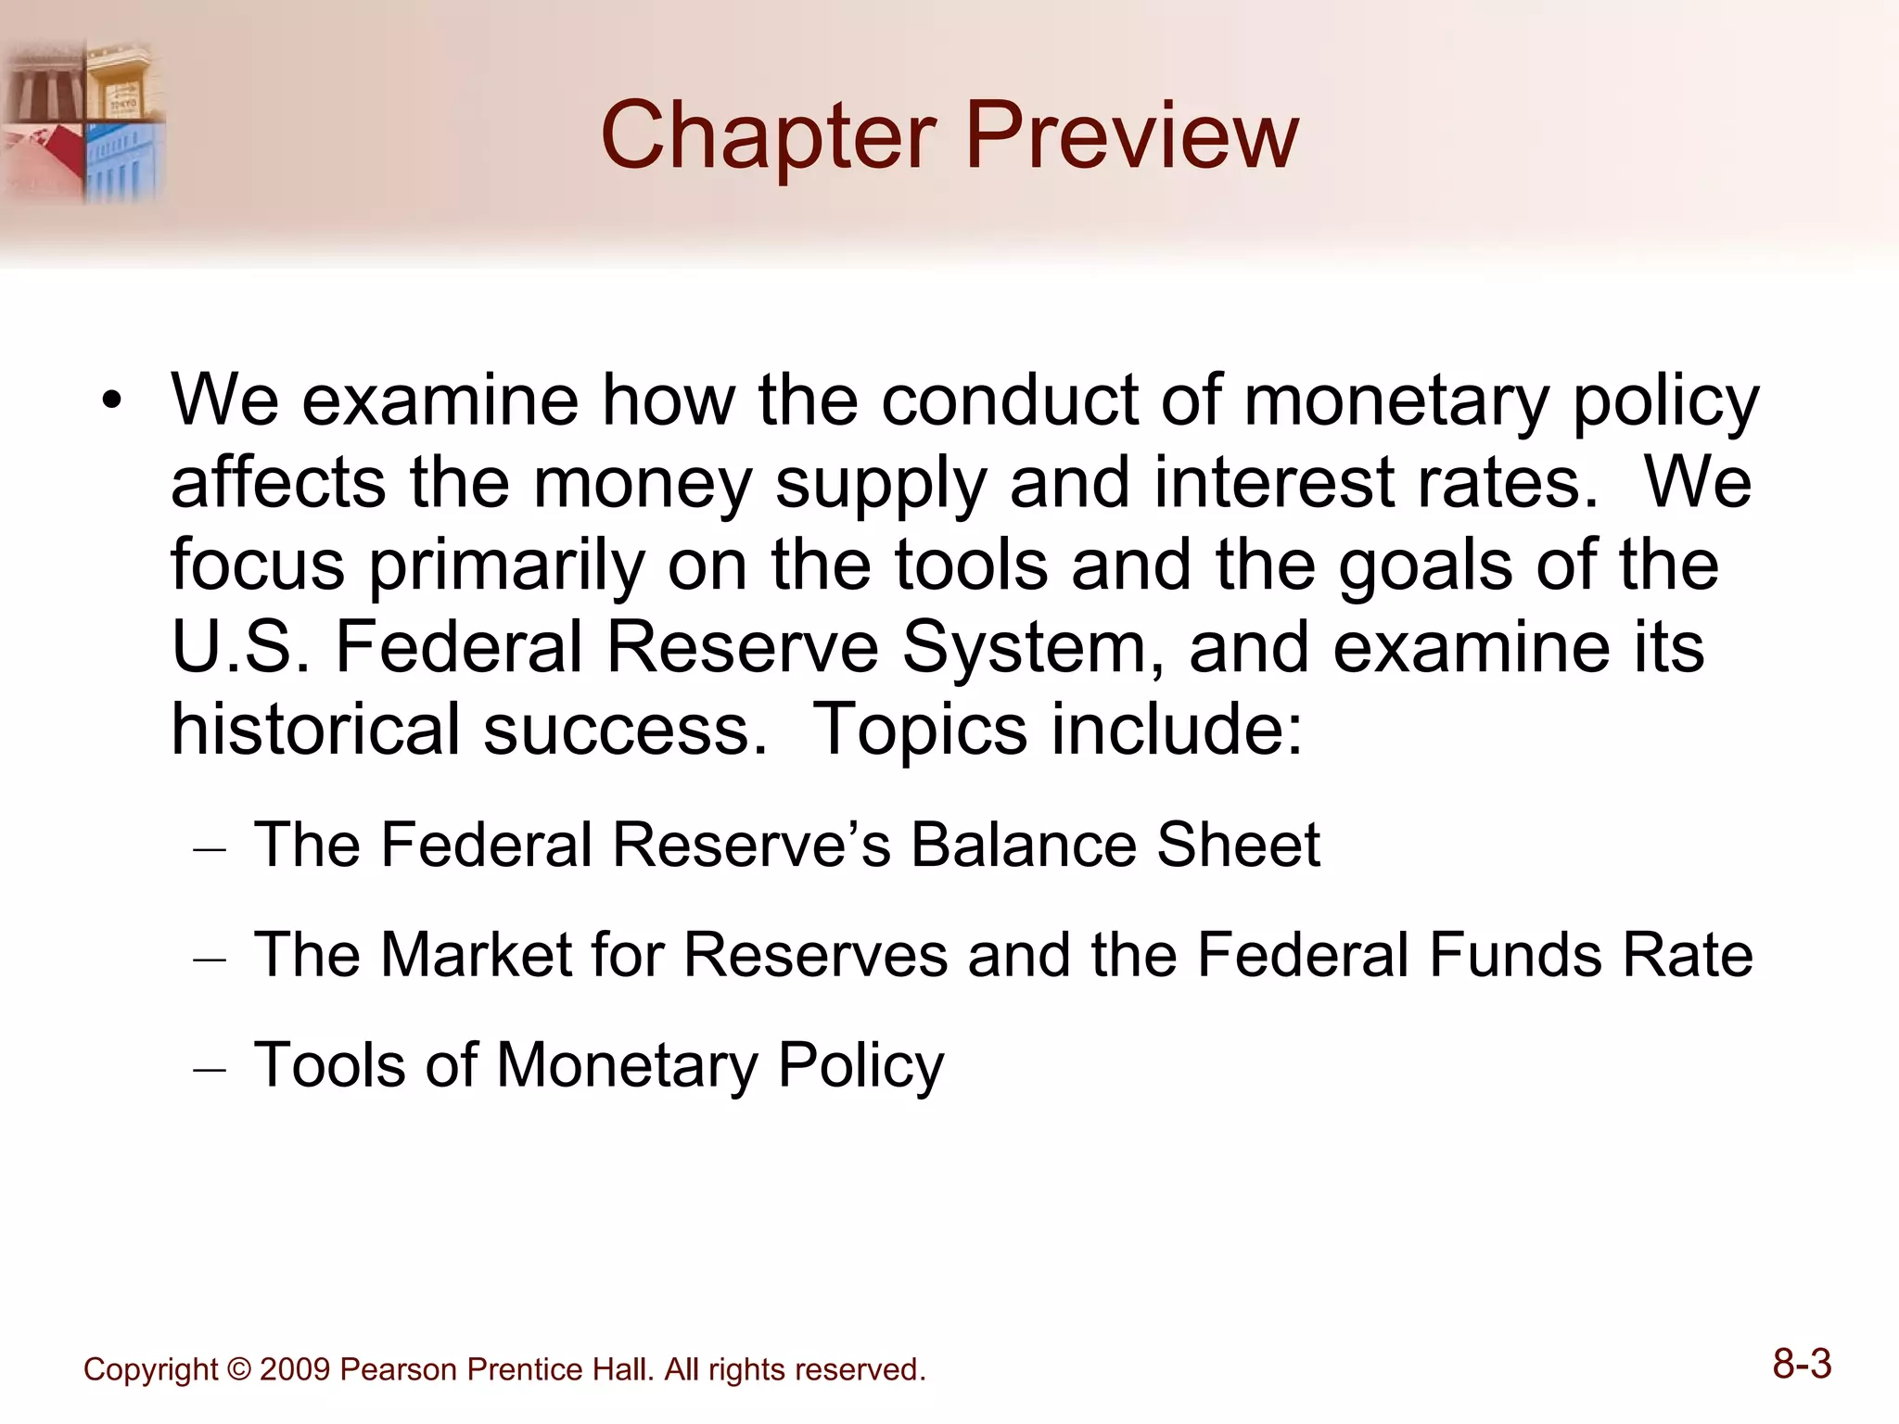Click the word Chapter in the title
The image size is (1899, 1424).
768,136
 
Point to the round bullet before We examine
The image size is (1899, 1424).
112,401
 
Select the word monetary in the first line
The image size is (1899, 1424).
1396,401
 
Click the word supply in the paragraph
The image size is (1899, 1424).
880,485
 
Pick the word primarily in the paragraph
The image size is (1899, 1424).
506,566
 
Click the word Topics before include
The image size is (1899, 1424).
919,731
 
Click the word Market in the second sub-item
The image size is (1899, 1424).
477,954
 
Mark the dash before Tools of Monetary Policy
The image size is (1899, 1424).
210,1069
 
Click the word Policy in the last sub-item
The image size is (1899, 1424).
860,1065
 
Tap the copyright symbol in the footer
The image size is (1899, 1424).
238,1370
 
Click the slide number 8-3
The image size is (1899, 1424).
1802,1365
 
